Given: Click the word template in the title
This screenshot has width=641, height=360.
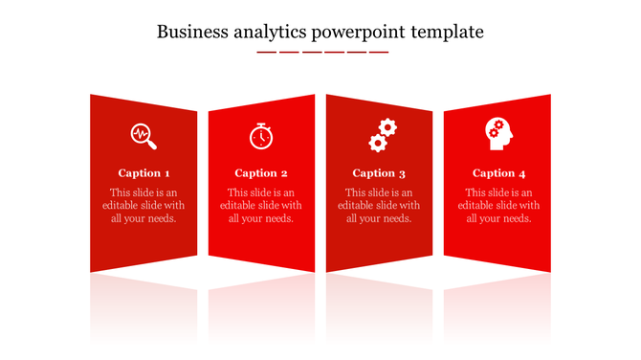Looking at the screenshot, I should [x=447, y=32].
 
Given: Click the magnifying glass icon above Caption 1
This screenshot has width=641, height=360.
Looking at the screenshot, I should [x=144, y=136].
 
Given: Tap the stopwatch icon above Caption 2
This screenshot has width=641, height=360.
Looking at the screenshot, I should [x=260, y=136].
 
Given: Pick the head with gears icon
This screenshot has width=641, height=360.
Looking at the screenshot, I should [x=497, y=134].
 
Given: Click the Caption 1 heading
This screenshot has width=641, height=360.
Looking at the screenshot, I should [x=144, y=173].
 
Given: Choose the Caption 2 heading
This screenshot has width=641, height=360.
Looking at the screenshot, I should [x=261, y=173].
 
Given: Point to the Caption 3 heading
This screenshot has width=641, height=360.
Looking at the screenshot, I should [x=379, y=173].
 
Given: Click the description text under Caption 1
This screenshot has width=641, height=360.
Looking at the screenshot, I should [x=144, y=205].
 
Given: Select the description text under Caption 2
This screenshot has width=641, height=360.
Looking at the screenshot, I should [x=261, y=205].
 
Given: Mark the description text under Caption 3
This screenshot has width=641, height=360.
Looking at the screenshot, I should [x=379, y=205].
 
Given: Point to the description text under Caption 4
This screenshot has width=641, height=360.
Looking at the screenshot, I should [x=498, y=205].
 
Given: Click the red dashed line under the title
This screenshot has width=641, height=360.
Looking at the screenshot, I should [x=322, y=52].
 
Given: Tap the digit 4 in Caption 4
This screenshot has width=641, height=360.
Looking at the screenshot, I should [x=522, y=173].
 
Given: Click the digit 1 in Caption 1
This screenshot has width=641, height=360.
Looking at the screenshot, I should [x=167, y=173].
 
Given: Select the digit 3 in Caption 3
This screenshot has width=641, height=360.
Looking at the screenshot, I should [x=402, y=174].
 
